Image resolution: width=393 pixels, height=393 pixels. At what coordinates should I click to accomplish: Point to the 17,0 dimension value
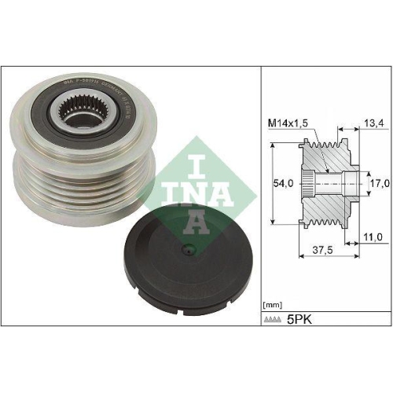pyautogui.click(x=379, y=183)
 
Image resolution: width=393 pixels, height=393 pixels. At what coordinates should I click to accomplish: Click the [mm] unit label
pyautogui.click(x=272, y=302)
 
